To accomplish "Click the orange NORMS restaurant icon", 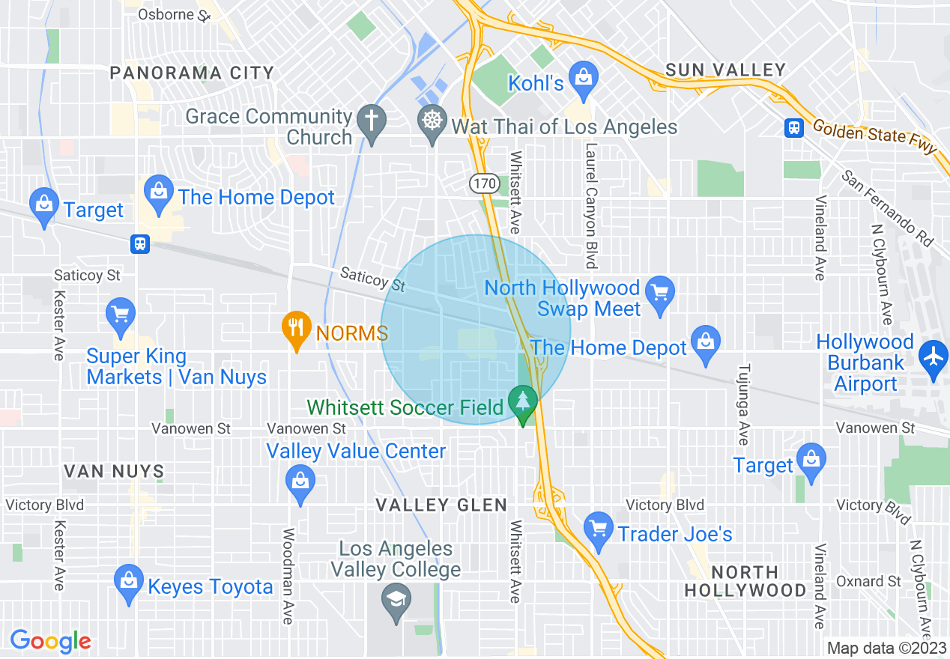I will pos(297,328).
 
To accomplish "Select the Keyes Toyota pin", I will pos(128,581).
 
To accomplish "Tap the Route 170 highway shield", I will pos(483,182).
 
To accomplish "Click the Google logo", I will pos(50,641).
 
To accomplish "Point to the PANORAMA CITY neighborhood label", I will pos(192,73).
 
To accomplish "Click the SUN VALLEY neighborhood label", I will pos(726,70).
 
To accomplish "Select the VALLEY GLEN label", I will pos(441,505).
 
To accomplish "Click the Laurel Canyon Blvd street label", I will pos(591,206).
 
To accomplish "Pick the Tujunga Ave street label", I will pos(743,404).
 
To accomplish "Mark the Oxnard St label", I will pos(869,581).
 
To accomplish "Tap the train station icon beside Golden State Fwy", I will pos(793,127).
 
